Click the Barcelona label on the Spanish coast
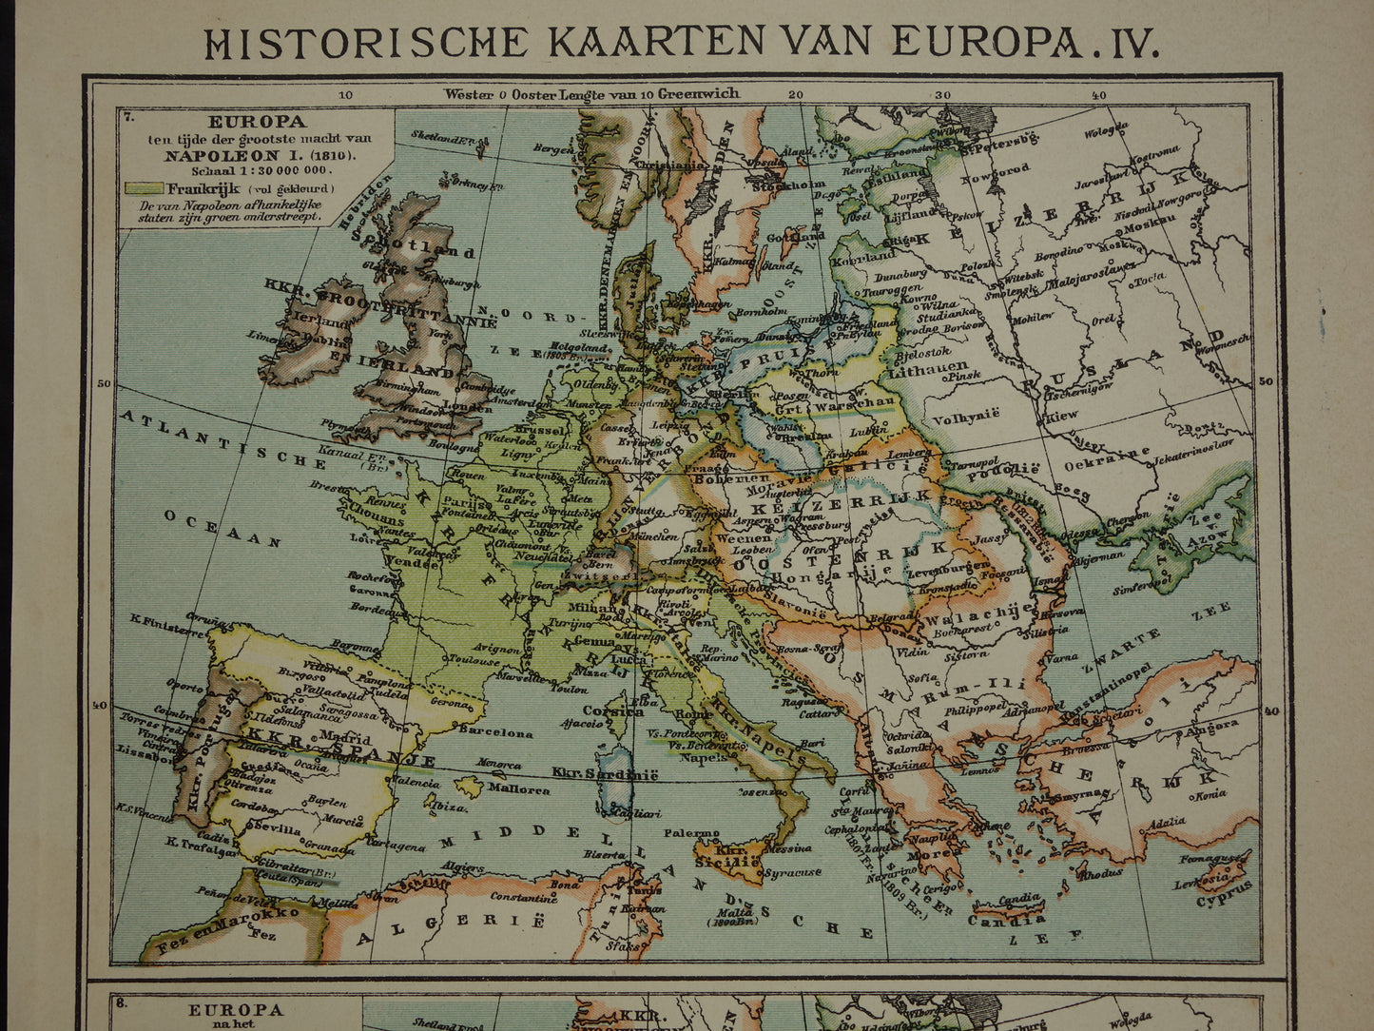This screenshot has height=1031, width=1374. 494,732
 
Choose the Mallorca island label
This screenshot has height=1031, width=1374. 520,788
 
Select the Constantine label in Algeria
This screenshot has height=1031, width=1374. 524,896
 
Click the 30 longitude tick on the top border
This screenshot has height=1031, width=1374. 943,94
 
